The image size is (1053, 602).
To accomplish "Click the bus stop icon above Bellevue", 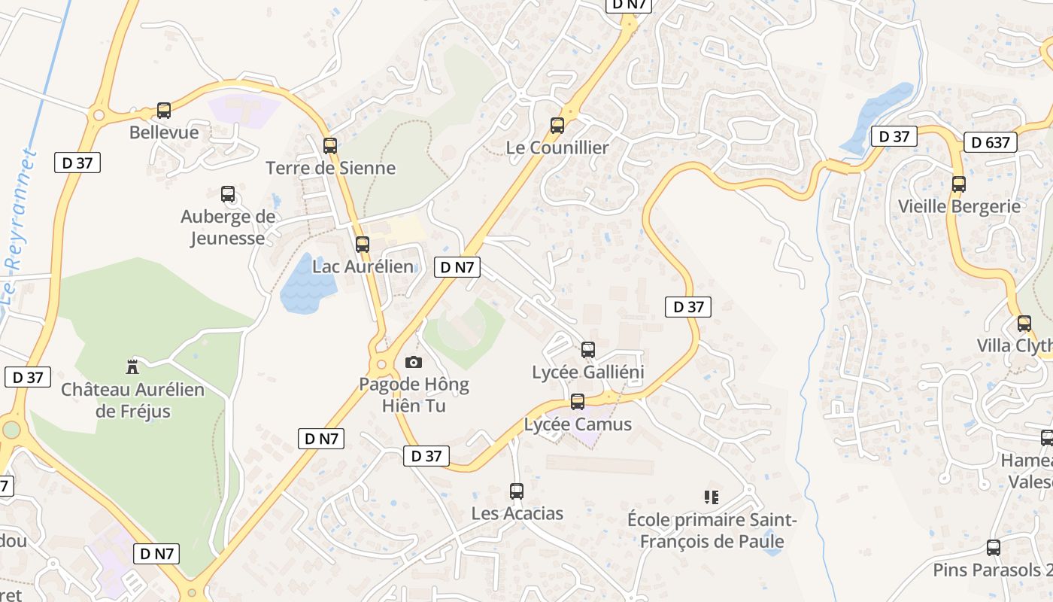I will pos(164,111).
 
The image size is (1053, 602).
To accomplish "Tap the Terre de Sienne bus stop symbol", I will pos(330,146).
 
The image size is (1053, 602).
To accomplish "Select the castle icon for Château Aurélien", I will pos(133,366).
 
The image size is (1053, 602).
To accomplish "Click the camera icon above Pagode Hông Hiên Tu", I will pos(414,363).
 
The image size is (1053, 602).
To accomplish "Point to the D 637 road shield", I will pos(991,142).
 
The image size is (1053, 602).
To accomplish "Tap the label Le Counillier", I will pos(557,147).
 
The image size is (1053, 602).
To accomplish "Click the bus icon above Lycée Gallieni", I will pos(588,350).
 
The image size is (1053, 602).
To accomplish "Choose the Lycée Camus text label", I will pos(578,424).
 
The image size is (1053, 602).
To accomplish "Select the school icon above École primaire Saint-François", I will pos(712,497).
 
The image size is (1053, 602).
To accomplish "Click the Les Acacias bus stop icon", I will pos(516,491).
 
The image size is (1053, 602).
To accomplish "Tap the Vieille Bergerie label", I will pos(959,206).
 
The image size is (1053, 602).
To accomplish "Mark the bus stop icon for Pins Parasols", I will pos(994,548).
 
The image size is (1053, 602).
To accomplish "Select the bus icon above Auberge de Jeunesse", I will pos(228,194).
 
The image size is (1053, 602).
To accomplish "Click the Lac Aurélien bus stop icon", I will pos(363,245).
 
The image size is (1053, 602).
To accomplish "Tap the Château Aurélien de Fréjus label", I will pos(132,400).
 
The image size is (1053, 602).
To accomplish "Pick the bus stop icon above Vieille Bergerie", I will pos(959,184).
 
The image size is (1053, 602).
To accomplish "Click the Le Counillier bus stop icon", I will pos(557,126).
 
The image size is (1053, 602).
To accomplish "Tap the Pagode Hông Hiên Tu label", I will pos(413,395).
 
